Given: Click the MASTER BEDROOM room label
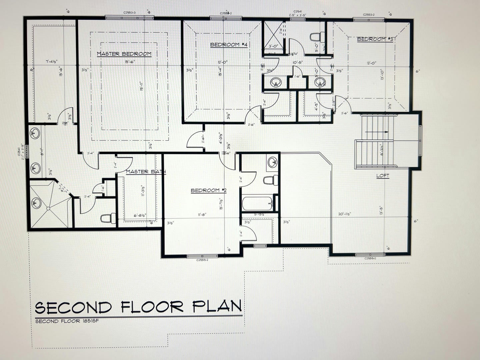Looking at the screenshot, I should pos(124,54).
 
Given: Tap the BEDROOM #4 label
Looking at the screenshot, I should pos(228,45).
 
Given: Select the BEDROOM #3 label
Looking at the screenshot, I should pos(376,39).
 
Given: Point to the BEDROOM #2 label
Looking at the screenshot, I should pos(209,190).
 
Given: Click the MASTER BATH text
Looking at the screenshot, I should pos(146,172).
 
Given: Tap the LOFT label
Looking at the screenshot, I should pos(383,176).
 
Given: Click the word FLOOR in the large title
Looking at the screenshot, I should pos(152,307).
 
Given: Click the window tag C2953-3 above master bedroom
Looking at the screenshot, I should pos(130,13).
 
